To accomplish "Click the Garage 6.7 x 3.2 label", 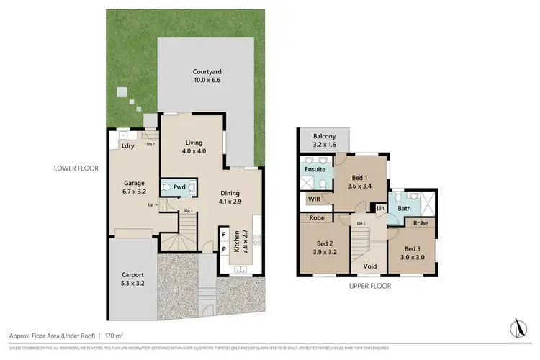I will pos(135,187).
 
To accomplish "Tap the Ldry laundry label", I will pos(129,146).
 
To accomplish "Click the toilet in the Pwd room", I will pos(167,189).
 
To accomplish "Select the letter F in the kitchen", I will pos(224,235).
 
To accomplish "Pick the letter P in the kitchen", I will pos(224,250).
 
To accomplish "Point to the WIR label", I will pos(313,198).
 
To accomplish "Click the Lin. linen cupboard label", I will pos(381,209).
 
